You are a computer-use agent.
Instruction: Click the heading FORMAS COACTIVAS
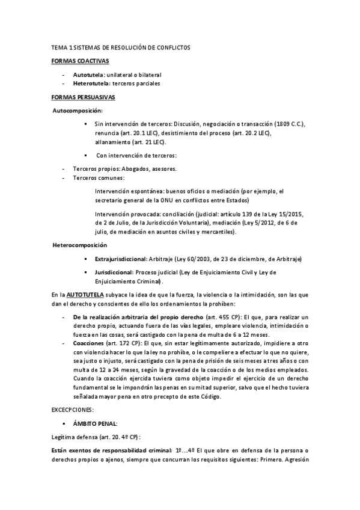pyautogui.click(x=75, y=61)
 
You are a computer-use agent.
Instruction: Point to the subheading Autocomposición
pyautogui.click(x=78, y=111)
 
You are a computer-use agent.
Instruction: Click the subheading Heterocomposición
pyautogui.click(x=80, y=245)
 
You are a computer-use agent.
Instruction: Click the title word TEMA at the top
pyautogui.click(x=59, y=48)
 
